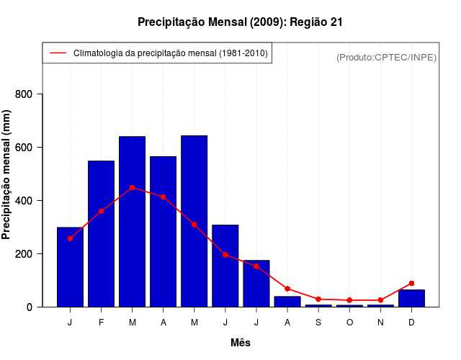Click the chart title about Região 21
point(240,22)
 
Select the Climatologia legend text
point(170,53)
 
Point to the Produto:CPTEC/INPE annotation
point(386,57)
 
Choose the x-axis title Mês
point(241,343)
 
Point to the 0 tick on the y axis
point(30,307)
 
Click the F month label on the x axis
point(102,322)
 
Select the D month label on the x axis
point(411,322)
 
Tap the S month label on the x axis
point(318,322)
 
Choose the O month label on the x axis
point(349,322)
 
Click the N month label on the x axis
point(380,322)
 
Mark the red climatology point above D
point(411,284)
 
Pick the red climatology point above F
point(102,211)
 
